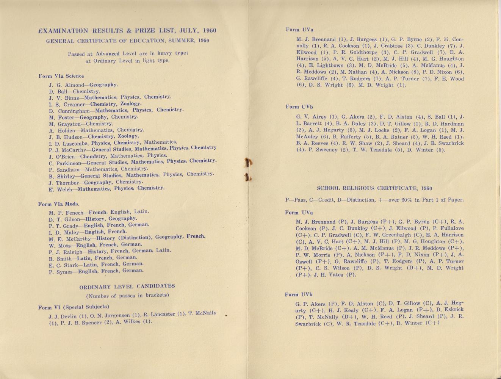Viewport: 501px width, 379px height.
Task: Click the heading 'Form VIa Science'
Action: [61, 76]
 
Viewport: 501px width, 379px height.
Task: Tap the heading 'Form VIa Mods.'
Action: [59, 204]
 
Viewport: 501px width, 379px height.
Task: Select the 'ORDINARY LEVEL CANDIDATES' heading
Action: [127, 286]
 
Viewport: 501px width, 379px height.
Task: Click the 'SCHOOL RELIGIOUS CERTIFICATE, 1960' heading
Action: [374, 188]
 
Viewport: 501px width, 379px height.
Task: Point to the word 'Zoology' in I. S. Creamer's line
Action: [131, 103]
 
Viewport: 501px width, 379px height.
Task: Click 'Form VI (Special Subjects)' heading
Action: [74, 307]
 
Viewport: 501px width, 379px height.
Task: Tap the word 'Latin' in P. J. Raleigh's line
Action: [163, 250]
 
